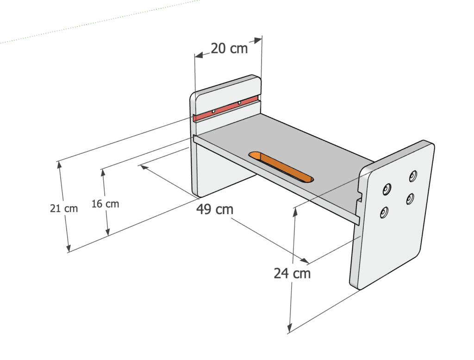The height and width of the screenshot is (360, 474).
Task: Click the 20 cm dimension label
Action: pyautogui.click(x=229, y=48)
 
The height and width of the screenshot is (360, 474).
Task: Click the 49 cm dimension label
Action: pyautogui.click(x=215, y=209)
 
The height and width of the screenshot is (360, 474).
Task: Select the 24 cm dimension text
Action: pyautogui.click(x=293, y=273)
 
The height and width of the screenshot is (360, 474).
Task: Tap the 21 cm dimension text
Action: pyautogui.click(x=64, y=208)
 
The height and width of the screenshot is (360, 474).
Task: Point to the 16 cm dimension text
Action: pyautogui.click(x=105, y=203)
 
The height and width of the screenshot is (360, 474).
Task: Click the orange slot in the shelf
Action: pyautogui.click(x=281, y=167)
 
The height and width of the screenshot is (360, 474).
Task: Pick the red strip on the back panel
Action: pyautogui.click(x=226, y=108)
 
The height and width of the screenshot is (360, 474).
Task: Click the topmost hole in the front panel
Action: pyautogui.click(x=413, y=176)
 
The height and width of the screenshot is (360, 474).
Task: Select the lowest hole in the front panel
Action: pyautogui.click(x=384, y=212)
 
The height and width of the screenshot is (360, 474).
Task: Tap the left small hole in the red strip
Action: pyautogui.click(x=213, y=112)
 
